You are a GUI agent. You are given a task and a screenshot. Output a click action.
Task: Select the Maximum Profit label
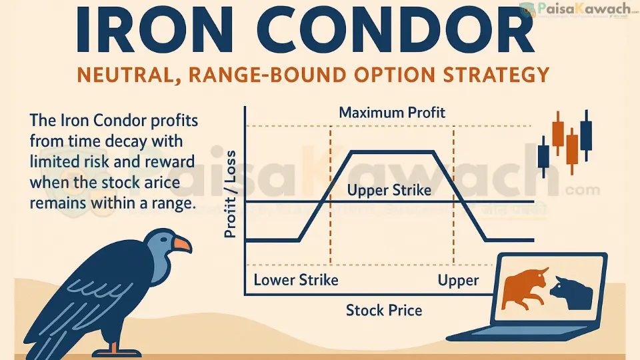coord(392,112)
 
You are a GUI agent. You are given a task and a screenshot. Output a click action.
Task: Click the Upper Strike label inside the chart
coord(389,190)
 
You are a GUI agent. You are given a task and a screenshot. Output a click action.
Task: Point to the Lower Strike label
coord(295,279)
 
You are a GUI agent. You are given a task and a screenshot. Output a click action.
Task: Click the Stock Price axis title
coord(383,309)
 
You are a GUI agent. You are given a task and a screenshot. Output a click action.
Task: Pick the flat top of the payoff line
coord(392,152)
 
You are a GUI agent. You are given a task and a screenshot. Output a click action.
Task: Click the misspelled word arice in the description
coord(141,182)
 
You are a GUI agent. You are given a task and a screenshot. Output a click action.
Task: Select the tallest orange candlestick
coord(571,148)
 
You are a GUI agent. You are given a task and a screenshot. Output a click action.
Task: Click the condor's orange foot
coord(117,347)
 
